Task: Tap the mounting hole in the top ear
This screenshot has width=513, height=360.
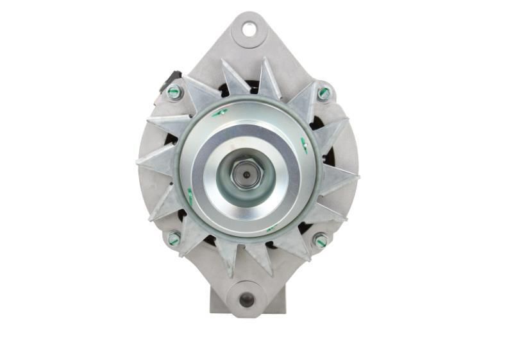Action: tap(248, 28)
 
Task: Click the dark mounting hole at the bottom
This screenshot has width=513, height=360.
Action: tap(246, 300)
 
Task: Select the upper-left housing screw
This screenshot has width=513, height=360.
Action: tap(174, 92)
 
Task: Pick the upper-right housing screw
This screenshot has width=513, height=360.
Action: tap(324, 94)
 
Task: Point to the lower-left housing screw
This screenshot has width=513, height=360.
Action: tap(174, 239)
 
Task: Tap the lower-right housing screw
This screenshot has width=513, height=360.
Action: tap(320, 241)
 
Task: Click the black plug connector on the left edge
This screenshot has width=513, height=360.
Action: tap(168, 81)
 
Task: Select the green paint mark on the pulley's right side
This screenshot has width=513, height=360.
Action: tap(305, 145)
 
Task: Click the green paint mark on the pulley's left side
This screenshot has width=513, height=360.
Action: tap(190, 194)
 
